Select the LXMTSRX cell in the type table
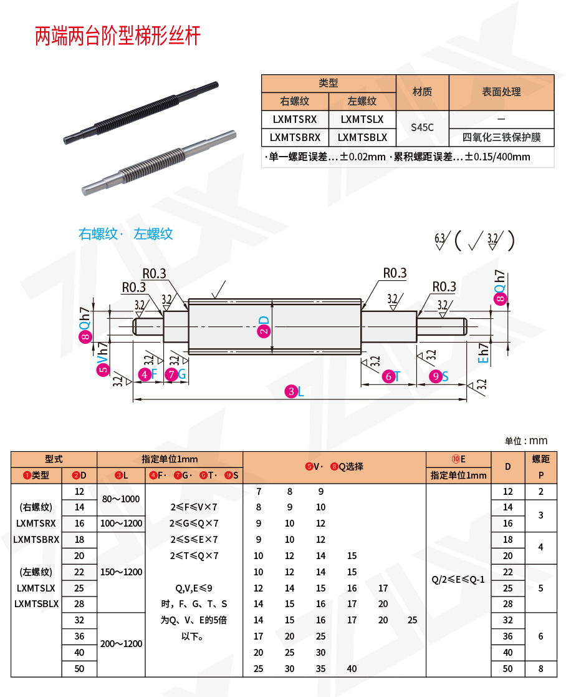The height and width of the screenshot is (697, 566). point(295,119)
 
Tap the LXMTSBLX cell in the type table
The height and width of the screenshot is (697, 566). point(362,137)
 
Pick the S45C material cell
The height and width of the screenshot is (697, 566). point(422,128)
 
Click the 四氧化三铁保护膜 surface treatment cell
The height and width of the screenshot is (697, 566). point(501,137)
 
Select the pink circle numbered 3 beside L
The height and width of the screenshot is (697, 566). point(290,392)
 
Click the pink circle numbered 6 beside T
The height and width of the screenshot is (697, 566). point(388,376)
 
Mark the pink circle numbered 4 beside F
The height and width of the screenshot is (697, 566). point(145,374)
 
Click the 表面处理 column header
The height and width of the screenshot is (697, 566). point(501,92)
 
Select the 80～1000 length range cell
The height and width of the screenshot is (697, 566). point(120,499)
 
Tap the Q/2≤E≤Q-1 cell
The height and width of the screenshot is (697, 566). point(458,580)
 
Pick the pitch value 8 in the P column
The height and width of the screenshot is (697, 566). point(540,668)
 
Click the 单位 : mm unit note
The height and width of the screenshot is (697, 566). point(525,441)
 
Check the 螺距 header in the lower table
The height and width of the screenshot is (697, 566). point(540,459)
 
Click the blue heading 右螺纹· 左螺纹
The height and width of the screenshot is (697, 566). point(125,234)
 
